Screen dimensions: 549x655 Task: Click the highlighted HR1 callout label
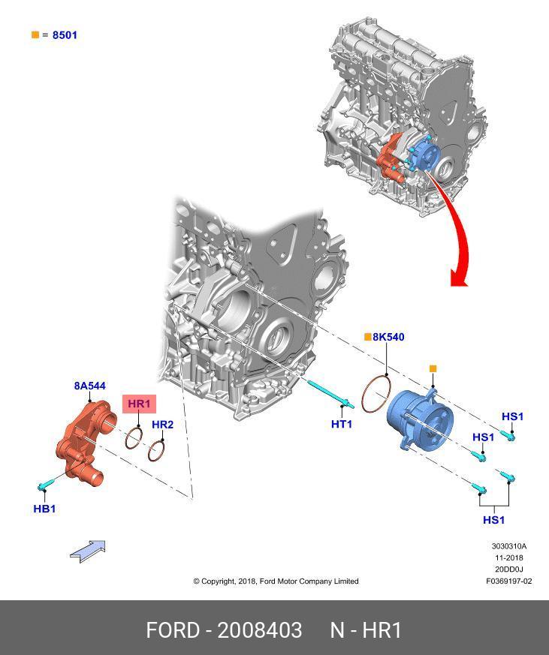click(x=139, y=404)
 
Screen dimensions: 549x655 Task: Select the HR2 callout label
click(x=162, y=425)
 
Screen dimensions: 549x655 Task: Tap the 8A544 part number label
click(x=90, y=386)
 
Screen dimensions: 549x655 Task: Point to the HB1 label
click(x=44, y=509)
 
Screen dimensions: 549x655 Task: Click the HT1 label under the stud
click(x=342, y=424)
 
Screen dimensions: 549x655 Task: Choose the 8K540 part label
click(x=388, y=337)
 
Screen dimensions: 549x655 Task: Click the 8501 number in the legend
click(x=65, y=35)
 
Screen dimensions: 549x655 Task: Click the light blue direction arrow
click(x=88, y=551)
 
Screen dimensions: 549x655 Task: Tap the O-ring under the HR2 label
click(x=156, y=451)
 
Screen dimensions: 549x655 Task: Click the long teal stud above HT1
click(x=331, y=393)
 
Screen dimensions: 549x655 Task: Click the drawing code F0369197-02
click(x=509, y=581)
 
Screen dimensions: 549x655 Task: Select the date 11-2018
click(x=509, y=557)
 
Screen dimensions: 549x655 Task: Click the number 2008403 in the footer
click(x=260, y=630)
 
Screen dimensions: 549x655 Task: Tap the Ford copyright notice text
click(x=276, y=581)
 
